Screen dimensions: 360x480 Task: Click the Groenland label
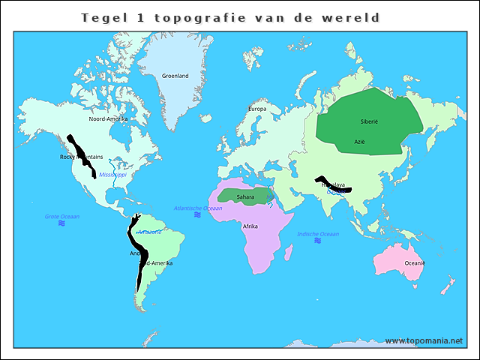[x=175, y=76]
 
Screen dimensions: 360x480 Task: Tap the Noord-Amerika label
[x=108, y=119]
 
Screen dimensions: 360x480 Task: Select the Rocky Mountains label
[x=81, y=157]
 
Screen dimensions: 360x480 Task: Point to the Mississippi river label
[x=113, y=175]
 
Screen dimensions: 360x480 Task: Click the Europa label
[x=257, y=109]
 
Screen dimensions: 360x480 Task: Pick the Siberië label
[x=369, y=121]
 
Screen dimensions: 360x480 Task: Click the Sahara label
[x=245, y=197]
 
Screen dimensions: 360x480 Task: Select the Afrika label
[x=250, y=226]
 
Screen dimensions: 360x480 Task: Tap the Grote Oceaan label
[x=61, y=216]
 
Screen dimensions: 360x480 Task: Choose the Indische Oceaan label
[x=318, y=234]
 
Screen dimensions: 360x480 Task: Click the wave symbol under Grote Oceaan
[x=61, y=223]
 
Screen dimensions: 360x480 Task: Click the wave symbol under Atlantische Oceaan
[x=197, y=215]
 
